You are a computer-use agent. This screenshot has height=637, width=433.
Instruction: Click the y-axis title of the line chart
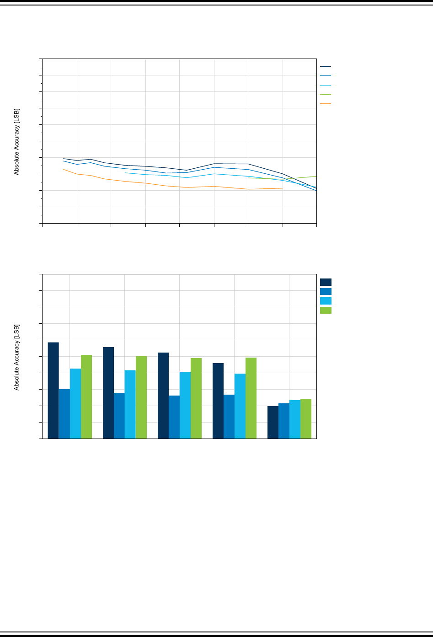pyautogui.click(x=16, y=141)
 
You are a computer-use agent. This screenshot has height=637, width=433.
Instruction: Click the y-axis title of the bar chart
pyautogui.click(x=16, y=357)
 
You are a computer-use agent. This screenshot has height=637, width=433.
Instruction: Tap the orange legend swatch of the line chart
pyautogui.click(x=326, y=104)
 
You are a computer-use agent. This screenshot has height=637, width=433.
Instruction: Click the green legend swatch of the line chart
pyautogui.click(x=326, y=94)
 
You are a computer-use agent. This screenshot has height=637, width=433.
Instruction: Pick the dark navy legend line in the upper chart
pyautogui.click(x=326, y=67)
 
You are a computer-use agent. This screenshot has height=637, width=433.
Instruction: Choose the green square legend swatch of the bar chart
pyautogui.click(x=326, y=310)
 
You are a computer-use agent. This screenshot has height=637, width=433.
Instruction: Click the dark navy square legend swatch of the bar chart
pyautogui.click(x=326, y=282)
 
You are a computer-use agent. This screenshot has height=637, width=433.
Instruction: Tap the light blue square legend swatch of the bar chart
pyautogui.click(x=326, y=301)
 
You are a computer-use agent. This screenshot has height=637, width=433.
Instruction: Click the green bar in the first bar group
pyautogui.click(x=86, y=396)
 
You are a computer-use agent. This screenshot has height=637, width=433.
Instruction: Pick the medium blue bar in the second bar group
pyautogui.click(x=119, y=416)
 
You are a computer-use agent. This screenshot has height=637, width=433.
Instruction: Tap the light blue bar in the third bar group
pyautogui.click(x=185, y=405)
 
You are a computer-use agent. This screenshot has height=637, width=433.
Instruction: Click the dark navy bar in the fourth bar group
pyautogui.click(x=218, y=401)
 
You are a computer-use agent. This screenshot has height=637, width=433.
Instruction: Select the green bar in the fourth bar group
pyautogui.click(x=251, y=398)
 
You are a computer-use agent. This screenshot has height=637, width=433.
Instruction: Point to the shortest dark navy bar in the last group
pyautogui.click(x=273, y=422)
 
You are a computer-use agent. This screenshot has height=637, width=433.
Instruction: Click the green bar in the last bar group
pyautogui.click(x=306, y=418)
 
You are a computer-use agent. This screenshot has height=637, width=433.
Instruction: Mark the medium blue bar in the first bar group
pyautogui.click(x=64, y=414)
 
